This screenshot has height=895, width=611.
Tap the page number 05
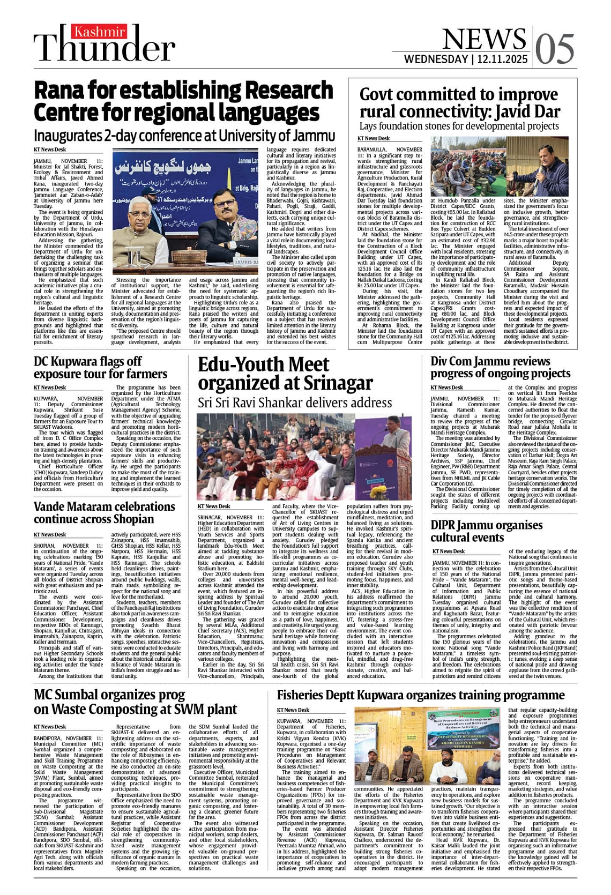click(x=554, y=49)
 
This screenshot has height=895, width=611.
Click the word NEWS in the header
click(x=484, y=39)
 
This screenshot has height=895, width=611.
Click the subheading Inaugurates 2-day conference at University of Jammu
click(x=184, y=135)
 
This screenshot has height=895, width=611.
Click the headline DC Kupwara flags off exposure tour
click(x=100, y=368)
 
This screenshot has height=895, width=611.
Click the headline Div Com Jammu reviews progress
click(x=500, y=367)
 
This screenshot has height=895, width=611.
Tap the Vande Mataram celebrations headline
click(x=104, y=512)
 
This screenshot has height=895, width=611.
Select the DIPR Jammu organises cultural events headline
click(x=486, y=531)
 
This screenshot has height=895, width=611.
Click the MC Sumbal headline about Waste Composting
click(x=135, y=702)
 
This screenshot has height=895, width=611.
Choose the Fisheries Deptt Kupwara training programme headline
click(x=421, y=695)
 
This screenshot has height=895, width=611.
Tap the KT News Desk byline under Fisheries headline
click(x=293, y=710)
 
